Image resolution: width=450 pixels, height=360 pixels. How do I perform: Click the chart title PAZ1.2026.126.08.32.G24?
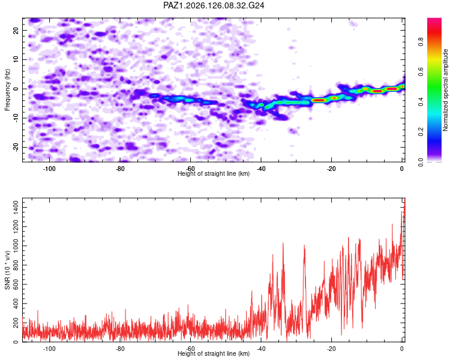(214, 5)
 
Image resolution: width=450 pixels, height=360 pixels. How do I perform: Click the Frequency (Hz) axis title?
(7, 90)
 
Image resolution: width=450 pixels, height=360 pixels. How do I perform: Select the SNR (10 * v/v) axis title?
(7, 270)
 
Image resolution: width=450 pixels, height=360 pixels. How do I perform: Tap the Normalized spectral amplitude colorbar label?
(445, 90)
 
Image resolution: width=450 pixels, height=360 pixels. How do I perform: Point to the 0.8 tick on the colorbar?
(421, 42)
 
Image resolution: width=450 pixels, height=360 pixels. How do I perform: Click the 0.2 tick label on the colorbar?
(421, 132)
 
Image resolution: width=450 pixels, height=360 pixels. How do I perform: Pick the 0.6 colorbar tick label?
(421, 72)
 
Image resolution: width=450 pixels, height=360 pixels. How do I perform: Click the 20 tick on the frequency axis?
(16, 30)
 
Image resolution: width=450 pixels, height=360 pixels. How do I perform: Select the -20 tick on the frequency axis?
(16, 147)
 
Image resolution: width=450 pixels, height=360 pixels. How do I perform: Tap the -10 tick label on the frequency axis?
(16, 118)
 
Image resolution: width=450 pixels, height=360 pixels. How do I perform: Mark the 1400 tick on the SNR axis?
(16, 207)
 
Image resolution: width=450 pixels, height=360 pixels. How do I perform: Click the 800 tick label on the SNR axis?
(16, 265)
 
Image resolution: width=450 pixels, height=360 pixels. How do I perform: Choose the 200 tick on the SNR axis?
(16, 323)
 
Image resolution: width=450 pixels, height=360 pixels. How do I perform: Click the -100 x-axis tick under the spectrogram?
(49, 169)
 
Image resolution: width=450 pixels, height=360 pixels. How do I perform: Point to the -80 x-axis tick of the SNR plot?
(120, 349)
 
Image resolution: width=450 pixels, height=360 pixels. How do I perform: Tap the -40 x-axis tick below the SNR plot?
(261, 349)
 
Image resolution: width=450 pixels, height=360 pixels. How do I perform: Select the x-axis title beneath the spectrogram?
(214, 173)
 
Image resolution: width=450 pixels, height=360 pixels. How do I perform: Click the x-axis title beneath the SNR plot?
(214, 353)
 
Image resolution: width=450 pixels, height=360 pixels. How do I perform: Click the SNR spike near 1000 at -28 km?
(304, 246)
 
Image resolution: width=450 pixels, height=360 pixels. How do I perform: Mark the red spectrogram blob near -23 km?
(319, 100)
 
